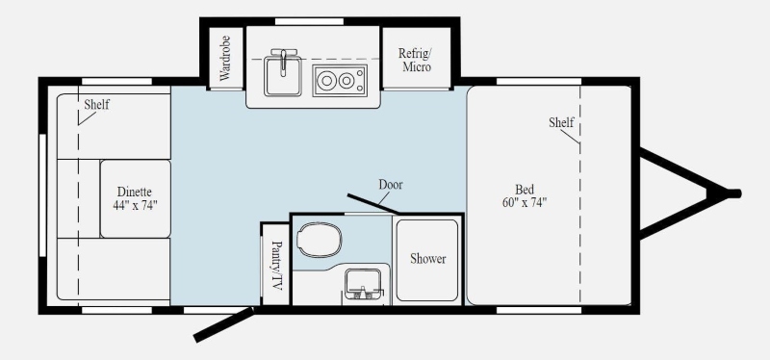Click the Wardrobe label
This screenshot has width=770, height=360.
pos(225,59)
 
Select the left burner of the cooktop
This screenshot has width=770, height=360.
pos(326,81)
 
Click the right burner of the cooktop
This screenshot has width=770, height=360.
pos(346,81)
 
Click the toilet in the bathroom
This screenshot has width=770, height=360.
pos(320,240)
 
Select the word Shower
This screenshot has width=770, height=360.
pos(428,259)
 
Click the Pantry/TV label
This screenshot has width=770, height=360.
pos(277,266)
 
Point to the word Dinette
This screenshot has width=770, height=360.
pos(135,192)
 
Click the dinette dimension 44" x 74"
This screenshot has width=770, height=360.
pos(135,205)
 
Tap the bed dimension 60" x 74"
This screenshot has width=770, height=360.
pos(525,202)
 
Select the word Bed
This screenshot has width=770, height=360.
pos(525,189)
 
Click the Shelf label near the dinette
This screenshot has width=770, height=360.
pos(97,104)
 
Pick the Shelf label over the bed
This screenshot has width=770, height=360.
pos(561,122)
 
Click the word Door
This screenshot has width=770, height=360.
pos(391,185)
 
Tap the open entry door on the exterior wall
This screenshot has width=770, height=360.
pos(224,324)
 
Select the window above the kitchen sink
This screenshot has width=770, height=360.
pos(309,21)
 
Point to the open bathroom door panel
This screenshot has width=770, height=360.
pos(372,204)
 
